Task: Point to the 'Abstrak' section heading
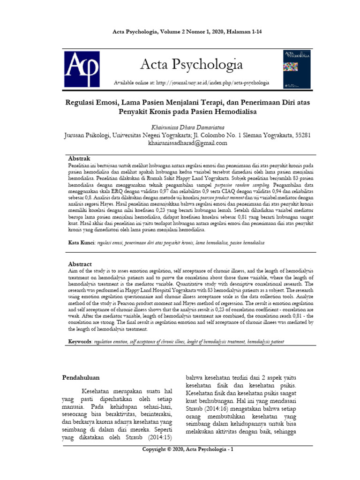(79, 159)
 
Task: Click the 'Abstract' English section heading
(80, 264)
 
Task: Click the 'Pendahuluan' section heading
(81, 376)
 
